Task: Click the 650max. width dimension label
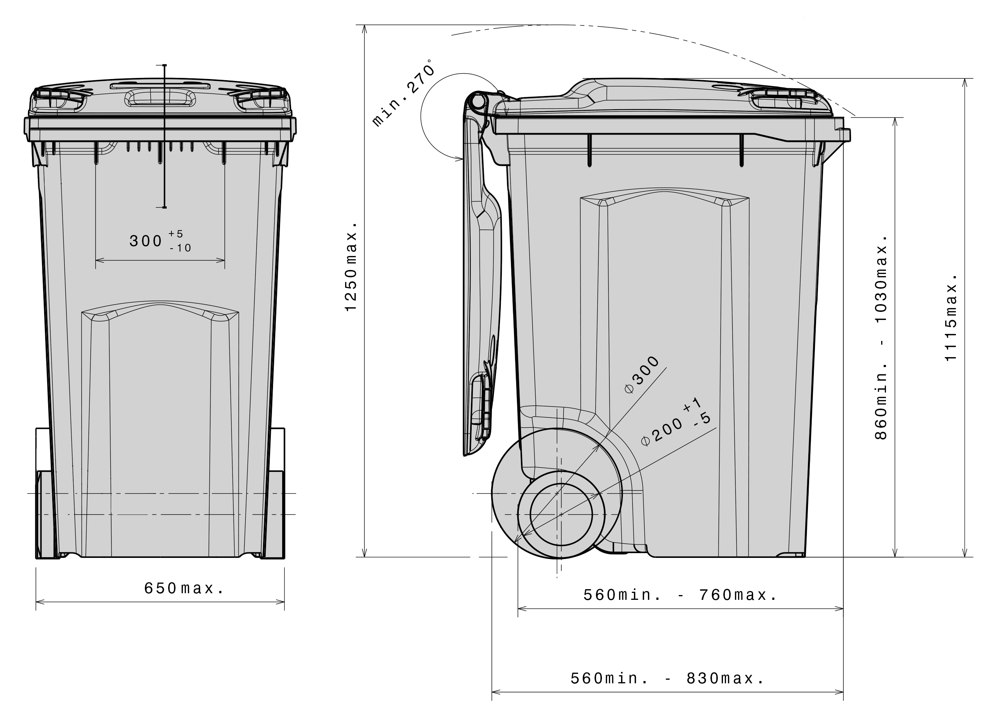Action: point(184,588)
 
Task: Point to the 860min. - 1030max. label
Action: point(881,337)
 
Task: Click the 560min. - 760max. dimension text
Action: point(680,595)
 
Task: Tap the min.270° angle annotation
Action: point(403,93)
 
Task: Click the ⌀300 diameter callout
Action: point(642,374)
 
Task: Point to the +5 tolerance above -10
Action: point(176,234)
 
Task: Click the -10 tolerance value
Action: point(181,248)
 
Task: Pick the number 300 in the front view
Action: point(146,241)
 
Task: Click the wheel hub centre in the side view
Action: point(561,515)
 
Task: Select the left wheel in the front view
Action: point(44,513)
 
